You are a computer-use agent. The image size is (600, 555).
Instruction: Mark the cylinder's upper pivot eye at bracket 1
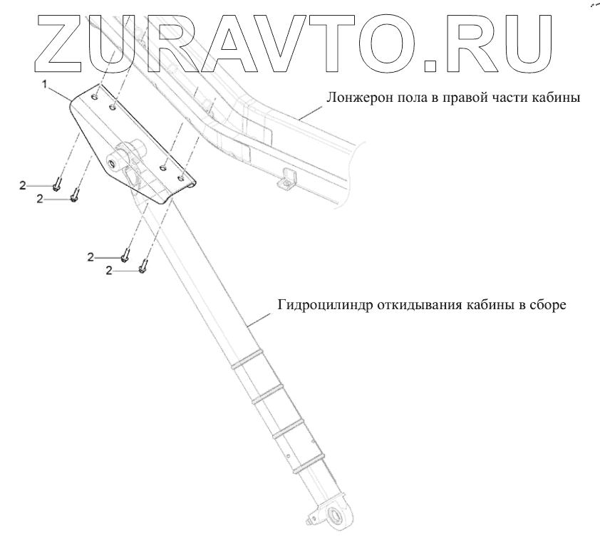[113, 165]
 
